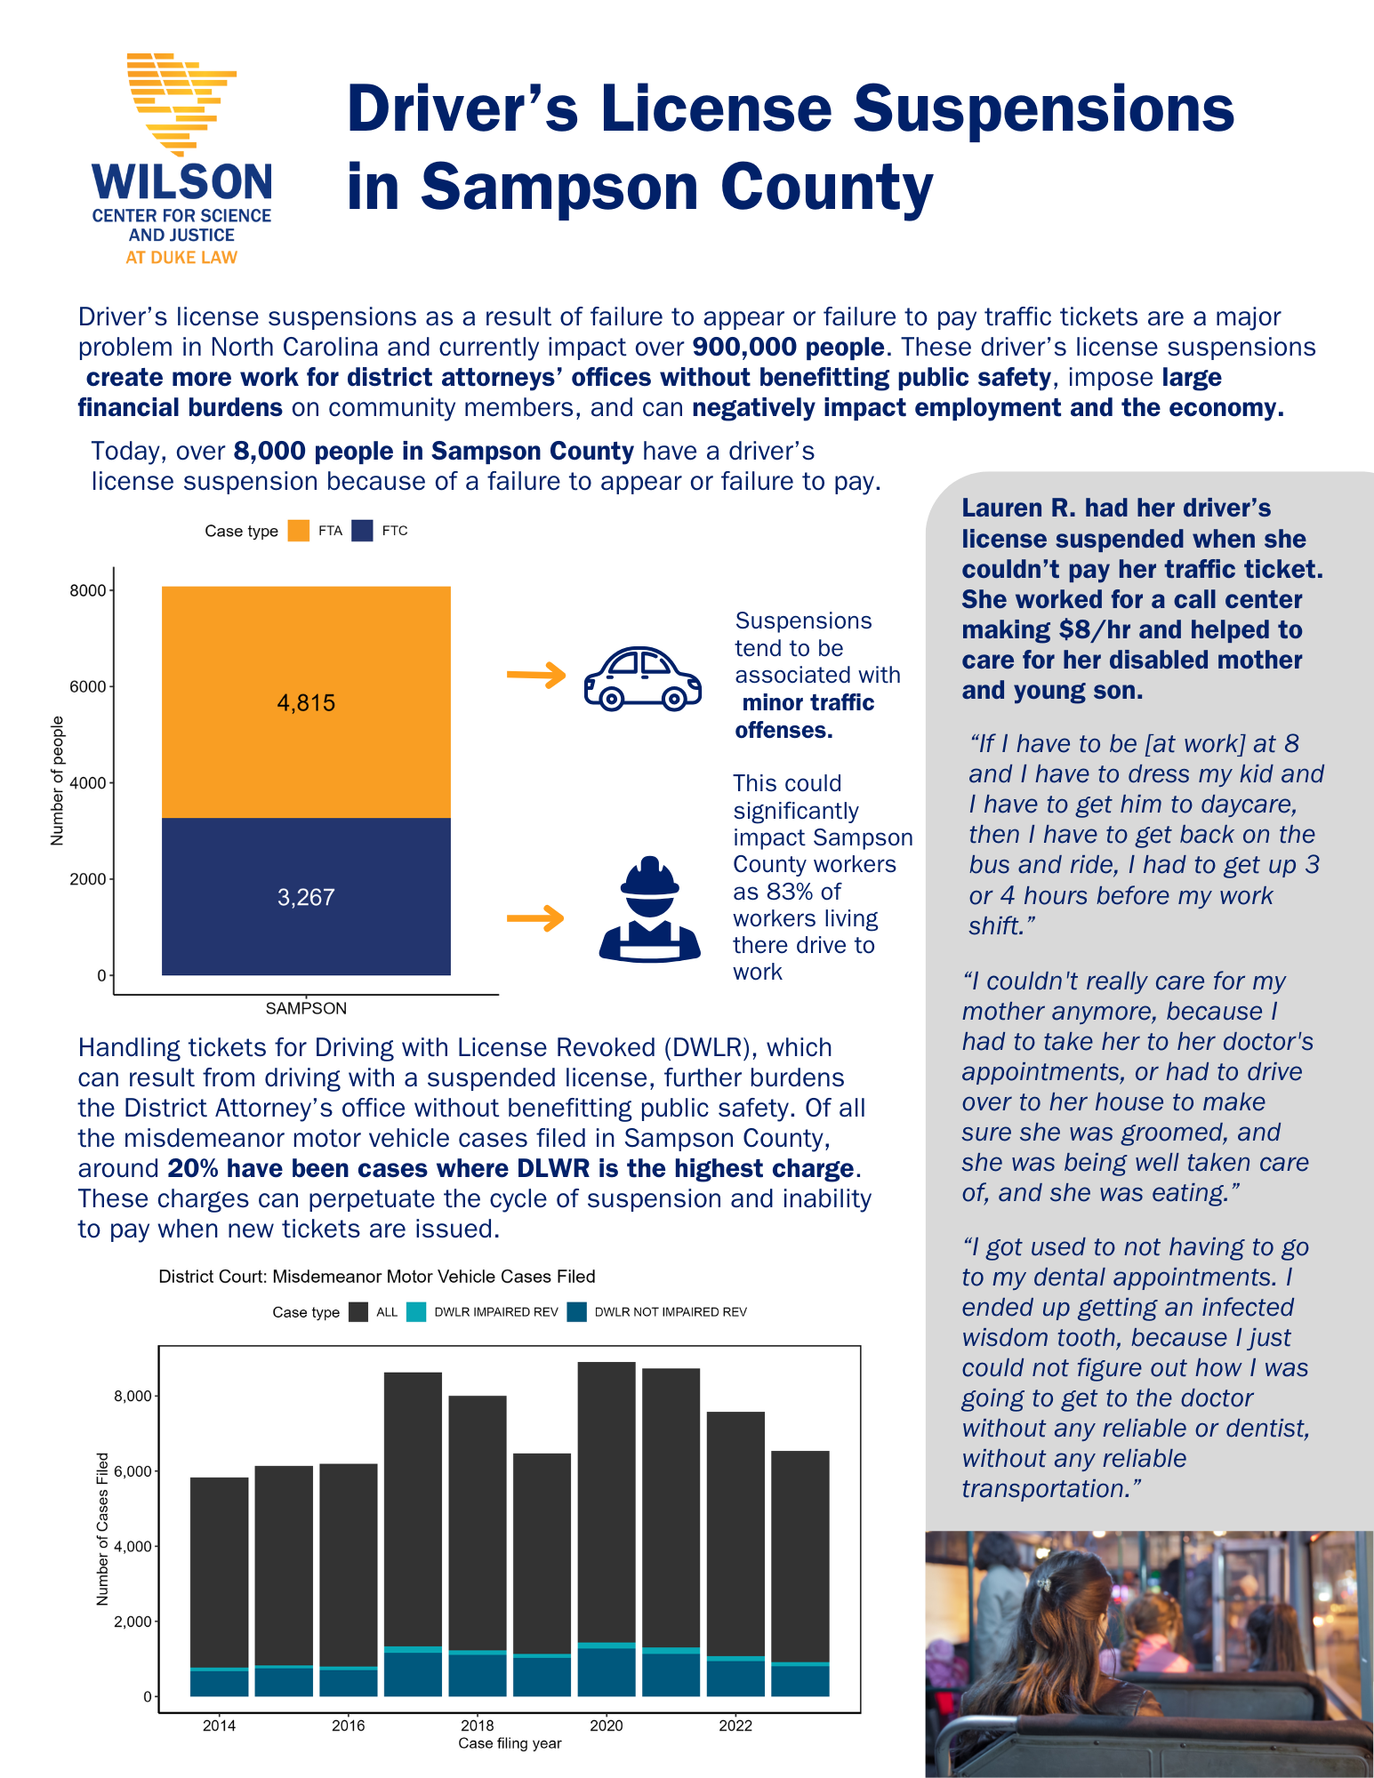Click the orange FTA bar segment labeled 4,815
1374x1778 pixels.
(306, 702)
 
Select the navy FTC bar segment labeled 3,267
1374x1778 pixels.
(306, 896)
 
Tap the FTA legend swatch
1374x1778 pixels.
(299, 531)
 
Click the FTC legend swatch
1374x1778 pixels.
(362, 531)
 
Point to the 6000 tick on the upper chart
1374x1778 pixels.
(88, 686)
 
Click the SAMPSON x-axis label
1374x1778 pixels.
(306, 1008)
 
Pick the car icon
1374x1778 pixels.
(642, 678)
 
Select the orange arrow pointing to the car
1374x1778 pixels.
(535, 676)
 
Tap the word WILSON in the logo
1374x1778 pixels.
(182, 182)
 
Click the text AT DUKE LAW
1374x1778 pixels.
(181, 258)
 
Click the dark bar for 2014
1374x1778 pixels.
(219, 1574)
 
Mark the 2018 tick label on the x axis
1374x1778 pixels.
(478, 1726)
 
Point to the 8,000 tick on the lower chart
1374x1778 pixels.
(133, 1396)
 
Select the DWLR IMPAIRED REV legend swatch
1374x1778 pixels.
(415, 1312)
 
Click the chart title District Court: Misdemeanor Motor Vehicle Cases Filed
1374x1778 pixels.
(377, 1277)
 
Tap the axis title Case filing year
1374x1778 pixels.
(510, 1743)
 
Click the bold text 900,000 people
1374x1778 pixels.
(788, 348)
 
